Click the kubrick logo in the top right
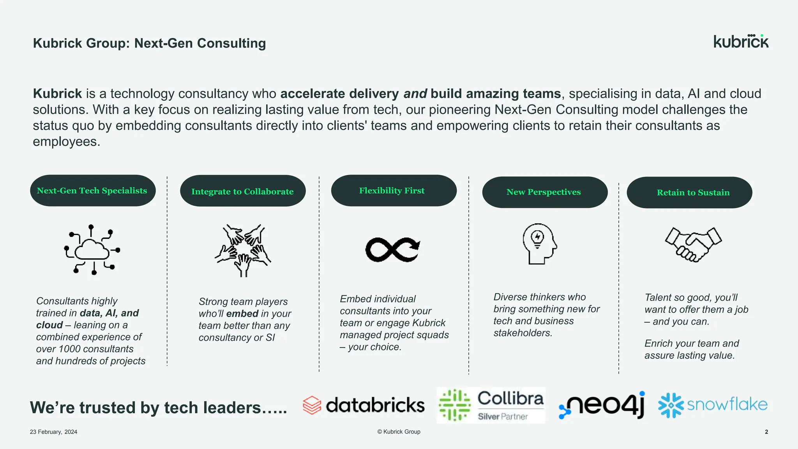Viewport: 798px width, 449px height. (741, 41)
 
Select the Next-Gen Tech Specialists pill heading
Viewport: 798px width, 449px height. (93, 191)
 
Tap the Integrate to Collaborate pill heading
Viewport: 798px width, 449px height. (243, 191)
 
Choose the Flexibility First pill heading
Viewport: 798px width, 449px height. (394, 191)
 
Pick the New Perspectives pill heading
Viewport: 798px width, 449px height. (545, 192)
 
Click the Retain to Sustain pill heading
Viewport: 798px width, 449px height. (689, 193)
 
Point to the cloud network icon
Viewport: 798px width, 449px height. (92, 249)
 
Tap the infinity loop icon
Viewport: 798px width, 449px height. (393, 249)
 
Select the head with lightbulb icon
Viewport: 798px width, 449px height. (540, 244)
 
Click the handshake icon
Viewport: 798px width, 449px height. (693, 244)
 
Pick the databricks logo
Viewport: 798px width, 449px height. (364, 405)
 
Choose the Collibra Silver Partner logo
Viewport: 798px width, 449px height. (491, 405)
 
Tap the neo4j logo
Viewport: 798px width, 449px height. (602, 405)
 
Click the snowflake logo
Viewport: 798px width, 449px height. (713, 405)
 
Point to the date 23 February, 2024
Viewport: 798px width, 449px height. (53, 432)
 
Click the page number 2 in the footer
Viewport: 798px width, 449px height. (766, 432)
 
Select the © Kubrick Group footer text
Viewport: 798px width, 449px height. (399, 431)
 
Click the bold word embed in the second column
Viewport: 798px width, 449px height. (242, 314)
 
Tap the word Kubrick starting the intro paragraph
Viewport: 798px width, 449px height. (57, 94)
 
